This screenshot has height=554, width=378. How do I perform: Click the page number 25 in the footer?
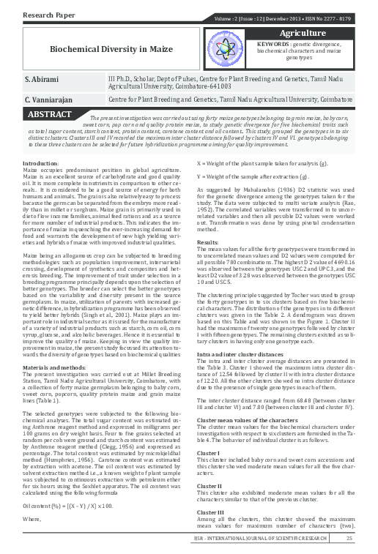pyautogui.click(x=349, y=539)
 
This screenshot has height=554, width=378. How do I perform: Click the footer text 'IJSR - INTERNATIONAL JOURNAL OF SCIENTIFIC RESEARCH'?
pyautogui.click(x=270, y=540)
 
